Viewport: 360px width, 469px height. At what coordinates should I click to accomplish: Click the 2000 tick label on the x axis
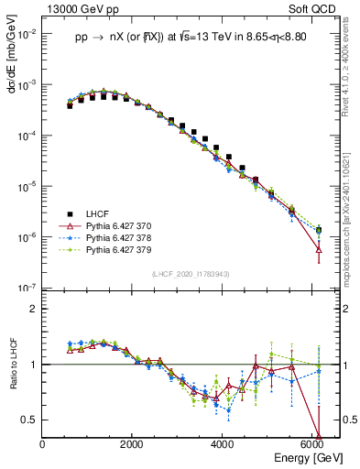pyautogui.click(x=133, y=444)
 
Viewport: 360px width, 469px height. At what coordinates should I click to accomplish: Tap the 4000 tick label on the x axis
pyautogui.click(x=223, y=444)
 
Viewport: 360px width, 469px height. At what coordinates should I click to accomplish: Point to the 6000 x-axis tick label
pyautogui.click(x=312, y=444)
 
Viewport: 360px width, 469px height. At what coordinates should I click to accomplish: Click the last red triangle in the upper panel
pyautogui.click(x=318, y=249)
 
